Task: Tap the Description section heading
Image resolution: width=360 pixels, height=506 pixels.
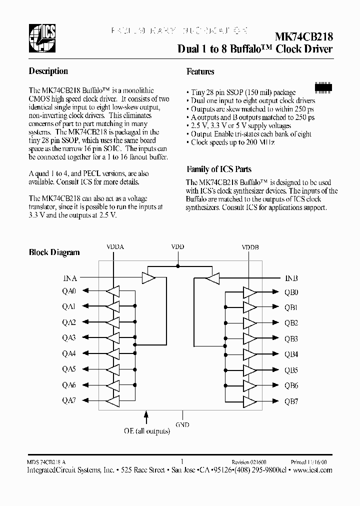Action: point(48,71)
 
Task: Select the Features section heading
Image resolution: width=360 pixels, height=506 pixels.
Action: point(200,71)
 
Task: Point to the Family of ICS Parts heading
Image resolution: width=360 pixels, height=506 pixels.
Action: point(218,169)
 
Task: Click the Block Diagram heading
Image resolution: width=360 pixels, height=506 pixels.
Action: point(54,252)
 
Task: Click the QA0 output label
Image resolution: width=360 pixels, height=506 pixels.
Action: point(69,291)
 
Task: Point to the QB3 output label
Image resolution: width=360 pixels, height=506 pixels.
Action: point(291,339)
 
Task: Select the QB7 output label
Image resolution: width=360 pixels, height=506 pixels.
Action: point(291,401)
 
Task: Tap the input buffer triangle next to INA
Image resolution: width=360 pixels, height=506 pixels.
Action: point(149,277)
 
